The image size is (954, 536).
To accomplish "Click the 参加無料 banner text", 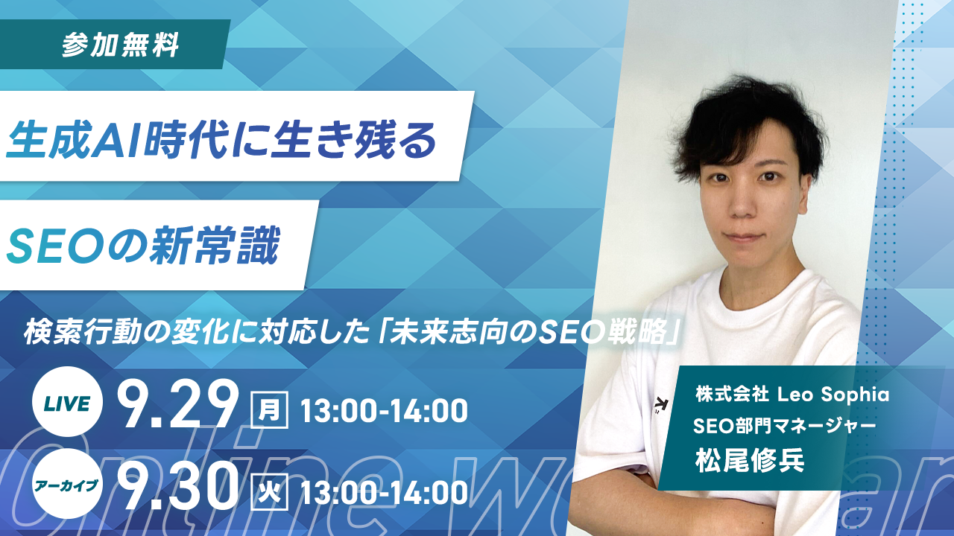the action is coord(121,45).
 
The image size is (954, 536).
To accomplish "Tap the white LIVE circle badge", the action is coord(67,401).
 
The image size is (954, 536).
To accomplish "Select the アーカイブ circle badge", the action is coord(67,484).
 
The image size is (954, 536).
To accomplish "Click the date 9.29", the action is coord(177,404).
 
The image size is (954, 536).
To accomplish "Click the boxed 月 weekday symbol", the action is coord(270,409).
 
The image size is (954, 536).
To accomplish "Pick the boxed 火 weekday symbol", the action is coord(270,492).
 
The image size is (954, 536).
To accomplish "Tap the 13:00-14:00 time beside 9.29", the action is coord(384,410).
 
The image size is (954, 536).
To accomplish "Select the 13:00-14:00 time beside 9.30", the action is coord(384,493).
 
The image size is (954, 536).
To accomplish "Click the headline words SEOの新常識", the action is coord(143,246).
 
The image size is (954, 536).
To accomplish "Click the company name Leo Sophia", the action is coord(833,395).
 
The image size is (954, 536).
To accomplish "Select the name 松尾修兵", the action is coord(750,460).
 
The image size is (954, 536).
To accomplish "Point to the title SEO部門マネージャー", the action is coord(784,426).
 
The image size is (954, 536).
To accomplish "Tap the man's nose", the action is coord(742,205).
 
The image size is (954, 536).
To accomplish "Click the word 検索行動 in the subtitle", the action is coord(82,333).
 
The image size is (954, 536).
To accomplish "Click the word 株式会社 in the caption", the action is coord(732,395).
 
